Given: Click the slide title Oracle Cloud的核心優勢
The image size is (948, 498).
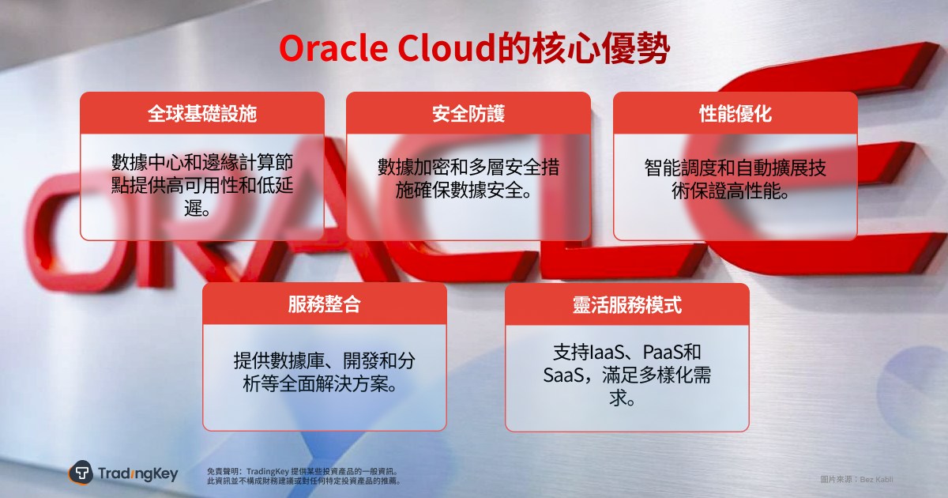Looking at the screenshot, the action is tap(475, 48).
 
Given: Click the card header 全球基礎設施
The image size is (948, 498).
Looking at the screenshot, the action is tap(202, 114).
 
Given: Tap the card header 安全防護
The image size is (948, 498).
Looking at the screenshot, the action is tap(468, 114).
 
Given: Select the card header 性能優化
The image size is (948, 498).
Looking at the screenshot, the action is tap(735, 114).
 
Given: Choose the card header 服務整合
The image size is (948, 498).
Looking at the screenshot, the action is tap(325, 304).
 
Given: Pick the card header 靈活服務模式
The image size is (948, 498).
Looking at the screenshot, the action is tap(627, 304).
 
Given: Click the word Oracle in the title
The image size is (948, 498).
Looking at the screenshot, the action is tap(333, 48).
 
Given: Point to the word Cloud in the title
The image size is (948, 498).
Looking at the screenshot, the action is tap(446, 48).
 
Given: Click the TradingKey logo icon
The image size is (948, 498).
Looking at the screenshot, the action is tap(81, 472).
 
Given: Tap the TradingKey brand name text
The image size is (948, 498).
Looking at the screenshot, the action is tap(138, 473).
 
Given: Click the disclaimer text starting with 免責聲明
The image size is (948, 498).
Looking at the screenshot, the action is tap(303, 476).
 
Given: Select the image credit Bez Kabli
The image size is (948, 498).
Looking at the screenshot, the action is tap(876, 479).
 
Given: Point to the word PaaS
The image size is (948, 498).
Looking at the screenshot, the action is tap(663, 352).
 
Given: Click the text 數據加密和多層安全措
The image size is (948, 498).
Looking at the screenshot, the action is tap(468, 167).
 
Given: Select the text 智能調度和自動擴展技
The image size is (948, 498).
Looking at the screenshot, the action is tap(735, 168).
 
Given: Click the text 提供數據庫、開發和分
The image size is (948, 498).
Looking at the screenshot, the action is tap(325, 360).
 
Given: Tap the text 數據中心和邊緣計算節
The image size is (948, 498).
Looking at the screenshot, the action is tap(202, 162).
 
